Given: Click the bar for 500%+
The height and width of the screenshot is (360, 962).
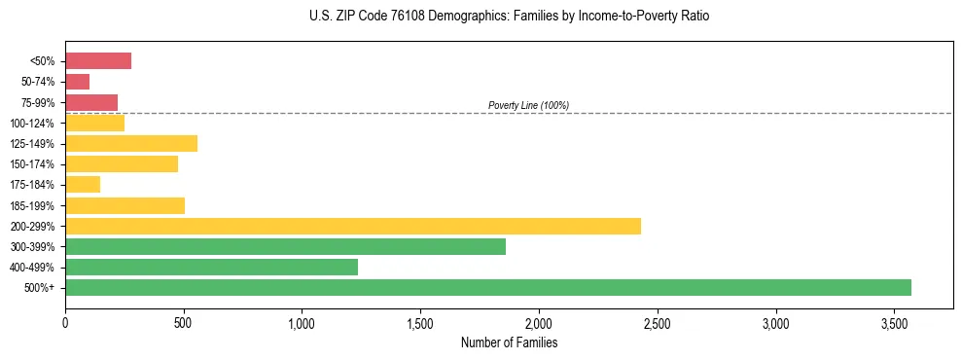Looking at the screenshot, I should point(487,287).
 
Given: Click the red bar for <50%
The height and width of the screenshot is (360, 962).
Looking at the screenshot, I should point(97,61).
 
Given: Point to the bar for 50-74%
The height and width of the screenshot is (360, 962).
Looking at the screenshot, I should point(77,82).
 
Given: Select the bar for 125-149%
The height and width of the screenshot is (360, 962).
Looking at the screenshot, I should point(130,143).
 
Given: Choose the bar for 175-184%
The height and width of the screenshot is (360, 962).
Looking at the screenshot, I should point(82,185).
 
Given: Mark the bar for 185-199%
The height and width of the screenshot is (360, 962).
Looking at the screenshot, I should point(125,205).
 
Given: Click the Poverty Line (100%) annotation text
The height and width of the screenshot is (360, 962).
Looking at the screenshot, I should point(528,105).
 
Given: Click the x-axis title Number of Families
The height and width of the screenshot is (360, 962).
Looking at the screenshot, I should point(509,342).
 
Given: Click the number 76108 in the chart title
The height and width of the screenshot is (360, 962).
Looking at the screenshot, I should point(388,17).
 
